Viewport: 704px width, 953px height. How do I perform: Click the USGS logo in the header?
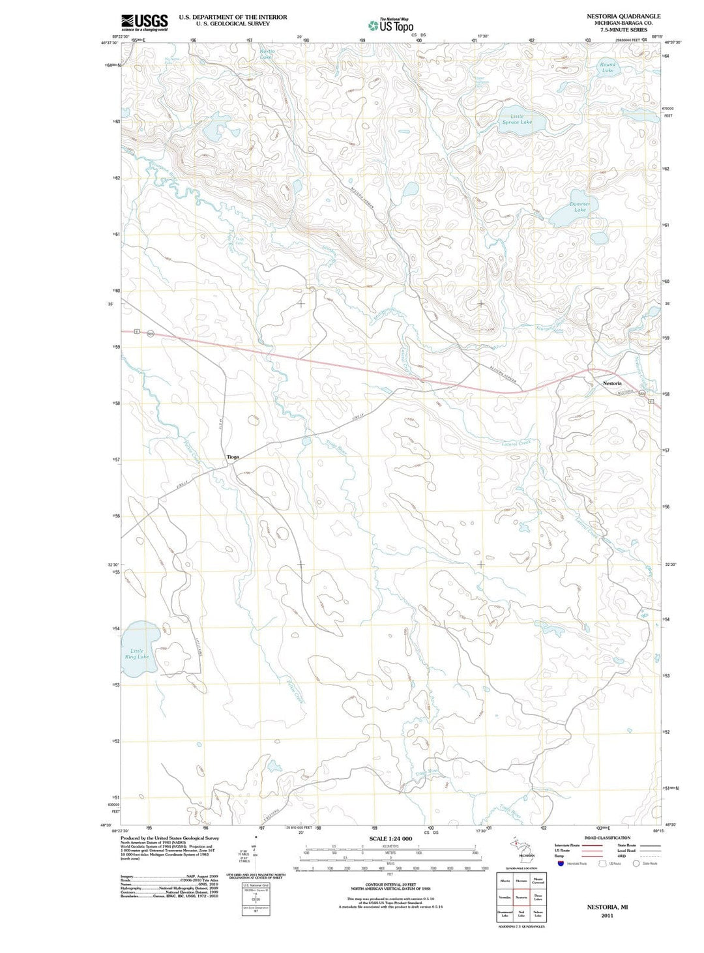(144, 22)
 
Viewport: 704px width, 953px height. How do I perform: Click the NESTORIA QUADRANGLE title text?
(623, 16)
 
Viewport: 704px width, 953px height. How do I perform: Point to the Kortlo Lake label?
(267, 53)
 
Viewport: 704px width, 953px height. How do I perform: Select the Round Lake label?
(608, 67)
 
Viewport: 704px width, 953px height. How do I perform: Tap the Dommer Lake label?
(579, 207)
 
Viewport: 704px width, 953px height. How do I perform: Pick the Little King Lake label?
(137, 653)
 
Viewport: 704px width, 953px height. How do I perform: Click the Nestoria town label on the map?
(612, 383)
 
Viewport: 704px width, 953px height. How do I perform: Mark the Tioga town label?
(233, 457)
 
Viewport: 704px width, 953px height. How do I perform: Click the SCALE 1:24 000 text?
(390, 838)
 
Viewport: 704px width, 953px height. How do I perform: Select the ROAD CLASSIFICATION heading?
(607, 838)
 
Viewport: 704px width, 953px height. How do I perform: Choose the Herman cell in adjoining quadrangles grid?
(521, 881)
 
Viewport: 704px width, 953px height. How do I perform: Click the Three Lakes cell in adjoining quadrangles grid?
(538, 897)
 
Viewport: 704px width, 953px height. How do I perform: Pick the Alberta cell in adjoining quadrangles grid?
(505, 881)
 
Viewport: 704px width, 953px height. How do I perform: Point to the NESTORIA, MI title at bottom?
(607, 907)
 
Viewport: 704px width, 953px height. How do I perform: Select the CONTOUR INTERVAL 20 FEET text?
(390, 885)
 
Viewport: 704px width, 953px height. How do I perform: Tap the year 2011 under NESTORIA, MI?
(607, 915)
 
